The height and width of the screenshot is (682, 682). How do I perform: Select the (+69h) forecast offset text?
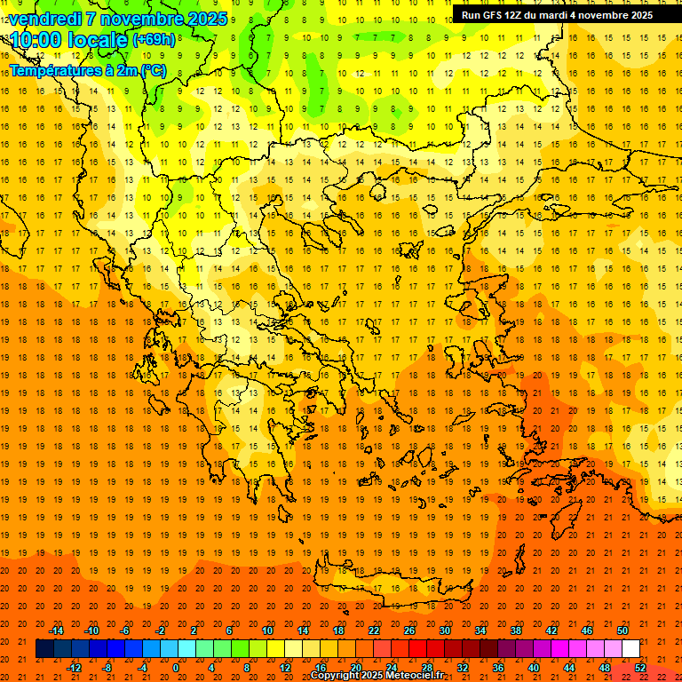coord(154,41)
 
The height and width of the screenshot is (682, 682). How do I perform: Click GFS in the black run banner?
coord(491,14)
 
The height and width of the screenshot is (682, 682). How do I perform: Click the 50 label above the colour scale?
coord(622,630)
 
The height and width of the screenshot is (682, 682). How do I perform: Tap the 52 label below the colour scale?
coord(639,667)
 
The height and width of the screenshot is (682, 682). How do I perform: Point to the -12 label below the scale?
coord(75,667)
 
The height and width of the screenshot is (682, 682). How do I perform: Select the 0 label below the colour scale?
coord(176,667)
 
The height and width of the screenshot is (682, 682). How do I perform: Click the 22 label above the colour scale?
coord(374,630)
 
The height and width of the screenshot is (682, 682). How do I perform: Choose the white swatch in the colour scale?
coord(630,649)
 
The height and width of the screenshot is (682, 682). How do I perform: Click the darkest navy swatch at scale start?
coord(44,649)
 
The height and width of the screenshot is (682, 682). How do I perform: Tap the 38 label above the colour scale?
coord(515,630)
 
